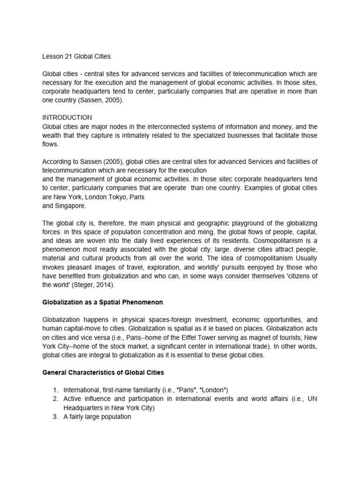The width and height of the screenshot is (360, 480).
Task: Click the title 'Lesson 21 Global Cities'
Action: [76, 57]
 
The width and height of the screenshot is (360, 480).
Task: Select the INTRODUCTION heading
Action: [67, 117]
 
